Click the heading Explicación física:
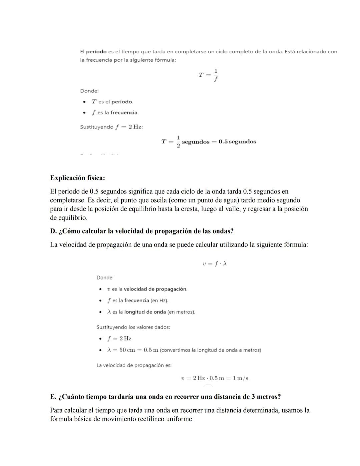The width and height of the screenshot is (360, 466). (x=77, y=178)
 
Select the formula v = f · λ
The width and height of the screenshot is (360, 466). (x=215, y=264)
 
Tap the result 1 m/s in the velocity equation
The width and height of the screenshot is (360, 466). (x=240, y=378)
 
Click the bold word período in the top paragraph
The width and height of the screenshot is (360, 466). (x=96, y=52)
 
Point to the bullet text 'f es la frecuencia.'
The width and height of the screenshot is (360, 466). (x=115, y=113)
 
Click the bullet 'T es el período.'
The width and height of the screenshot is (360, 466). (x=113, y=102)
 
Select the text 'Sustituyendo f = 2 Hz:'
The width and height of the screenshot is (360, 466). (x=111, y=127)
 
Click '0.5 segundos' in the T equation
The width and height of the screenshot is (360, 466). (x=237, y=142)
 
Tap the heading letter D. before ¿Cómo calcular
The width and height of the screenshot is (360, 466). (x=53, y=231)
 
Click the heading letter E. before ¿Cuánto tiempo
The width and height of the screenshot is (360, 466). (x=53, y=397)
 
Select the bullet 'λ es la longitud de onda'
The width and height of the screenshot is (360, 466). (x=151, y=312)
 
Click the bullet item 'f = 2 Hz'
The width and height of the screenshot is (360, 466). (x=119, y=339)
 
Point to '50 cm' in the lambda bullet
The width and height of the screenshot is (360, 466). (x=127, y=350)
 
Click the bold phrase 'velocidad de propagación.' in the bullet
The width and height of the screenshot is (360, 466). (x=155, y=289)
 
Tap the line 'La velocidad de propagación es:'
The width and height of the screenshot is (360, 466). (x=134, y=365)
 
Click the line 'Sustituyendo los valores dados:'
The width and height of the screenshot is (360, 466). (x=133, y=327)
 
